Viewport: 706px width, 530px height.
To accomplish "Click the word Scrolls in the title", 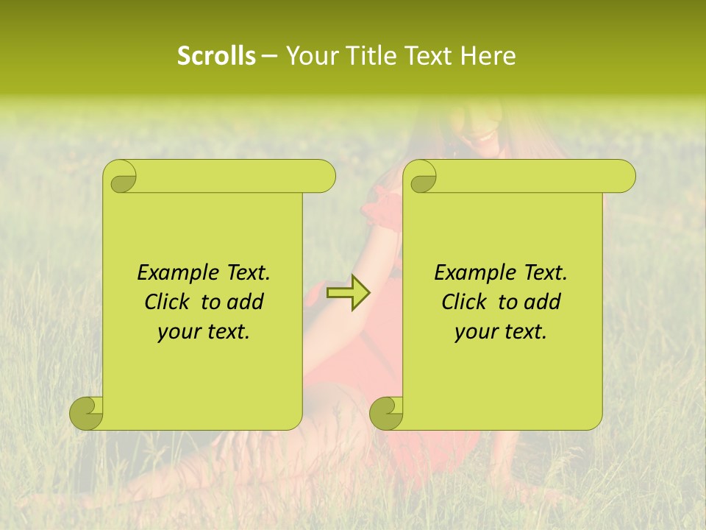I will click(217, 56).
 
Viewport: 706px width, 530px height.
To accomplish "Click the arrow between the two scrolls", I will click(349, 293).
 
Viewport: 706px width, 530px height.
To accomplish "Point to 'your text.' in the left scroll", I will click(204, 332).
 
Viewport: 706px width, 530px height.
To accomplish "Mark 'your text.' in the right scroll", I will click(501, 332).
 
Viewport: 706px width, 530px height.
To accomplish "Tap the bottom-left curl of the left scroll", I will click(87, 413).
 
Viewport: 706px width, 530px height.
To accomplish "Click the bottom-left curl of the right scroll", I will click(387, 413).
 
